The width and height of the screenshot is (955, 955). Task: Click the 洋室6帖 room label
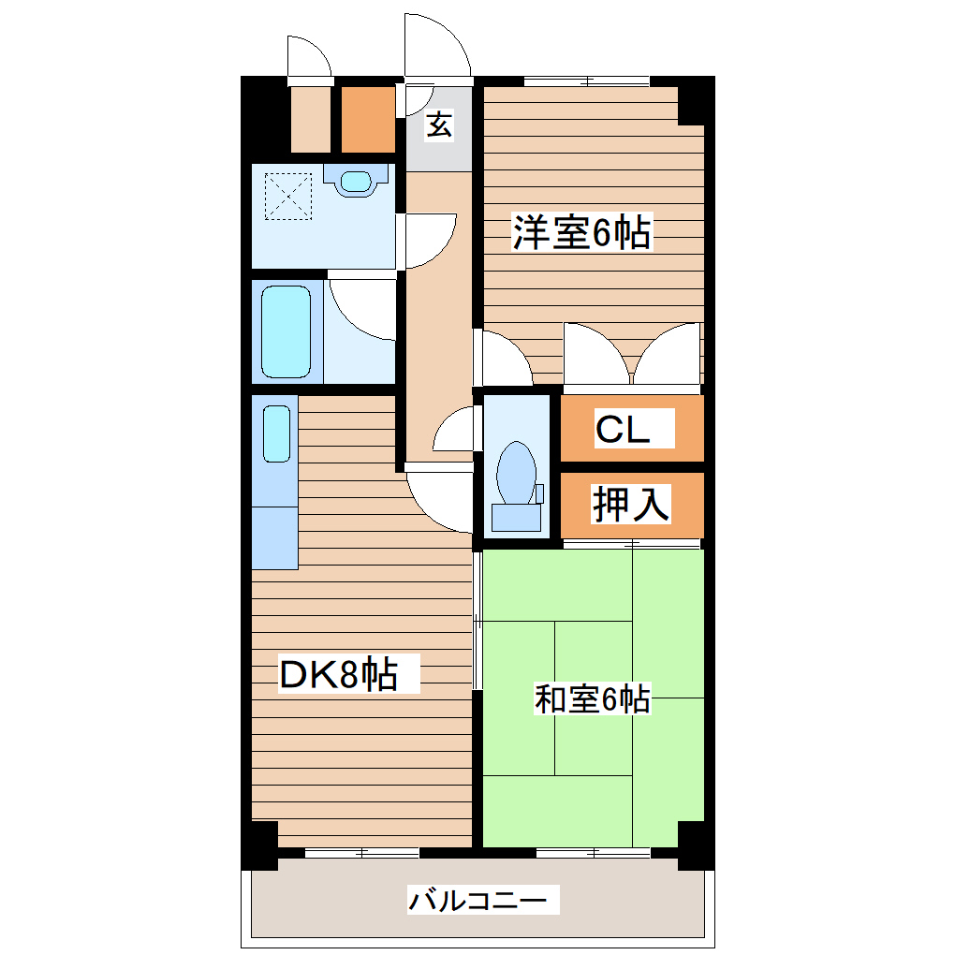[x=581, y=232]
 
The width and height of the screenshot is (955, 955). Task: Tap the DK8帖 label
[x=339, y=674]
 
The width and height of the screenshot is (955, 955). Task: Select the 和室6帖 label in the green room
[x=592, y=698]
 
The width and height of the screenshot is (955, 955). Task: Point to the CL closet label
[x=623, y=430]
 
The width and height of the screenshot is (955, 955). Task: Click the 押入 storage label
[x=630, y=505]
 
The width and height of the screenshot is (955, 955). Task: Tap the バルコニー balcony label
[x=477, y=902]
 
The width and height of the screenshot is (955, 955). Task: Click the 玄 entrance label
[x=439, y=125]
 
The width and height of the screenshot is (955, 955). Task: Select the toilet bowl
[x=516, y=471]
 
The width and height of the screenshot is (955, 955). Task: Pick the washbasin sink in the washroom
[x=355, y=180]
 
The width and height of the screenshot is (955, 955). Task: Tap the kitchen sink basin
[x=276, y=433]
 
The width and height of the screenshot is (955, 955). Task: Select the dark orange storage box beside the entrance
[x=367, y=120]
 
